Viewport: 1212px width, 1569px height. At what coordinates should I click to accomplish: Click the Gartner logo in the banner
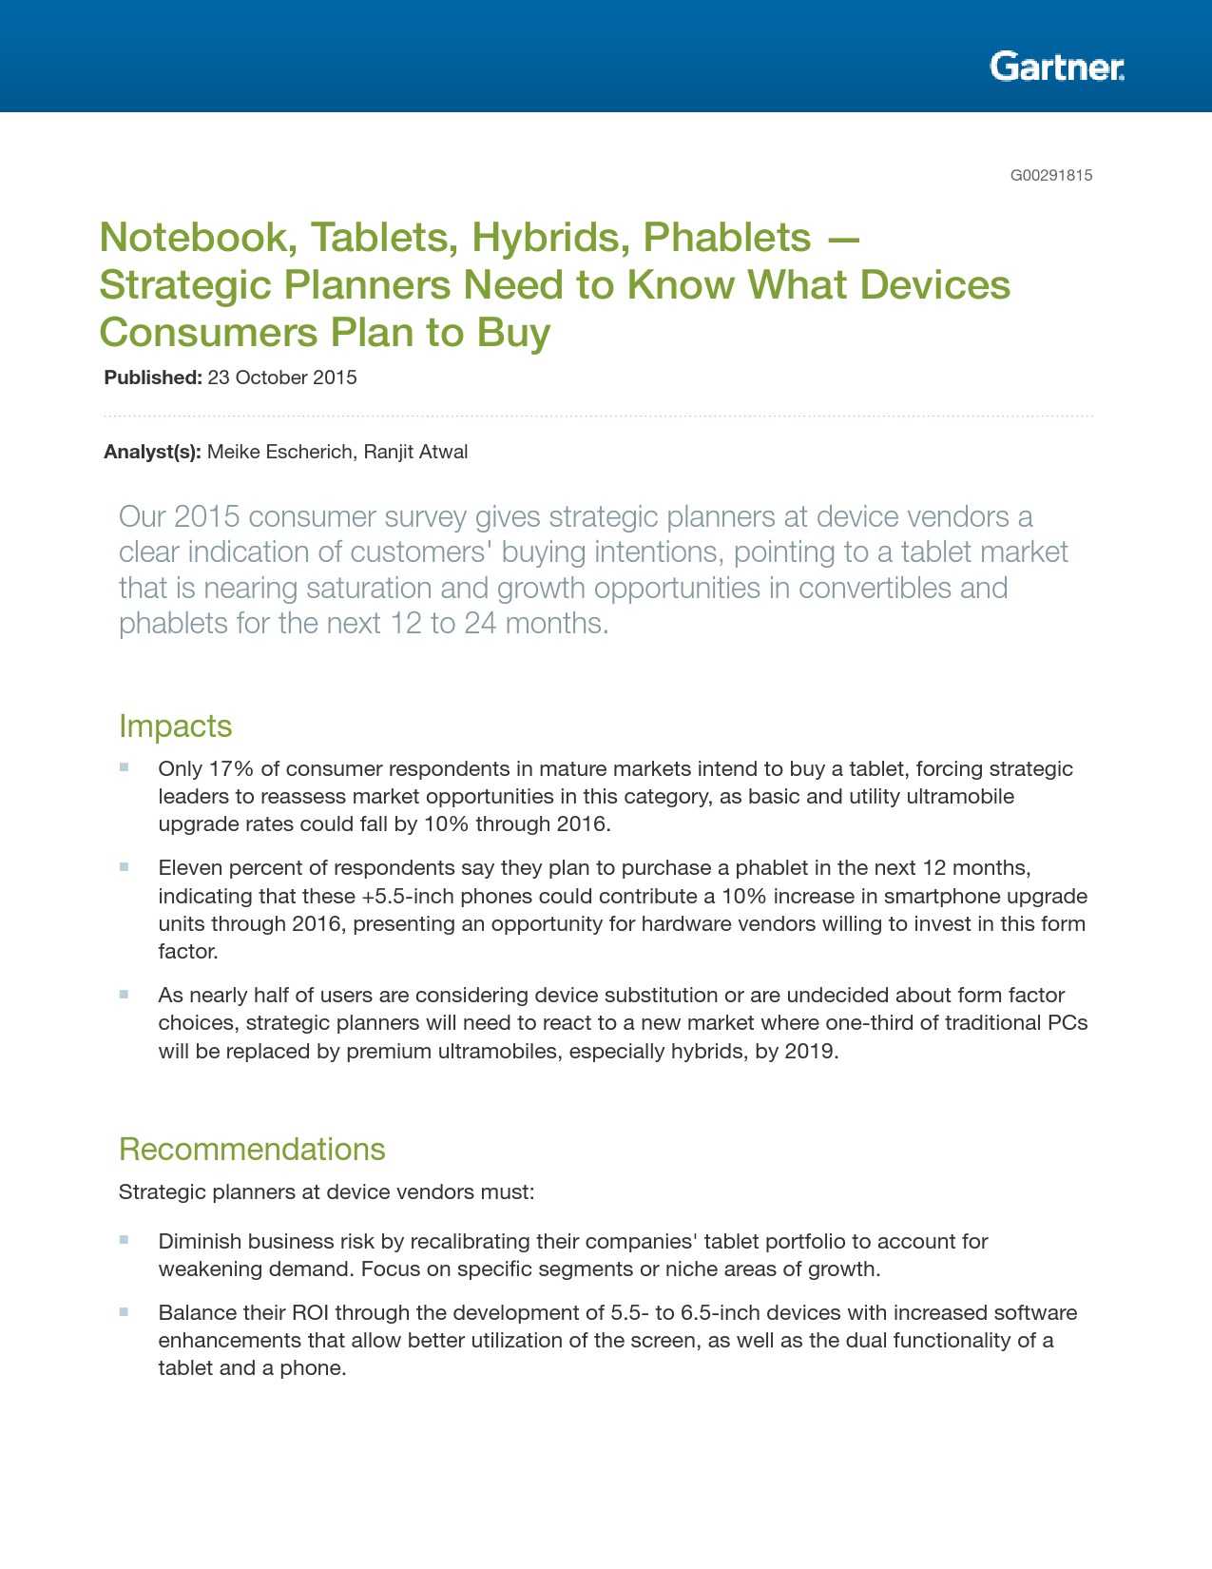(1056, 67)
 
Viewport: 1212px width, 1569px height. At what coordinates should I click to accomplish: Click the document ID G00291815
(1050, 175)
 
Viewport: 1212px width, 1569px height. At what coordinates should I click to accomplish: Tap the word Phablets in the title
(727, 238)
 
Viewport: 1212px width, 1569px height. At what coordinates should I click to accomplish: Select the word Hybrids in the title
(547, 238)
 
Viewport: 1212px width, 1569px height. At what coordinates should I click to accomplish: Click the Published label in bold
(152, 378)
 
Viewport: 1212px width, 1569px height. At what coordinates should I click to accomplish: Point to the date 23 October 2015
(282, 378)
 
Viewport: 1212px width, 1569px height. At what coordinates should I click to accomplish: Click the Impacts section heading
(175, 726)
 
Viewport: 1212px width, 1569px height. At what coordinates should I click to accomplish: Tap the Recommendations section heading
(252, 1149)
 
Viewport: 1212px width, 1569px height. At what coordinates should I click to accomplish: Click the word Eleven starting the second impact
(190, 867)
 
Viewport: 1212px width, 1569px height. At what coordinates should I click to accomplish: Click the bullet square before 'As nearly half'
(125, 995)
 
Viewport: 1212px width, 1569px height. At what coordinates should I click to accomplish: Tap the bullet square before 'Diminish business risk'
(125, 1240)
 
